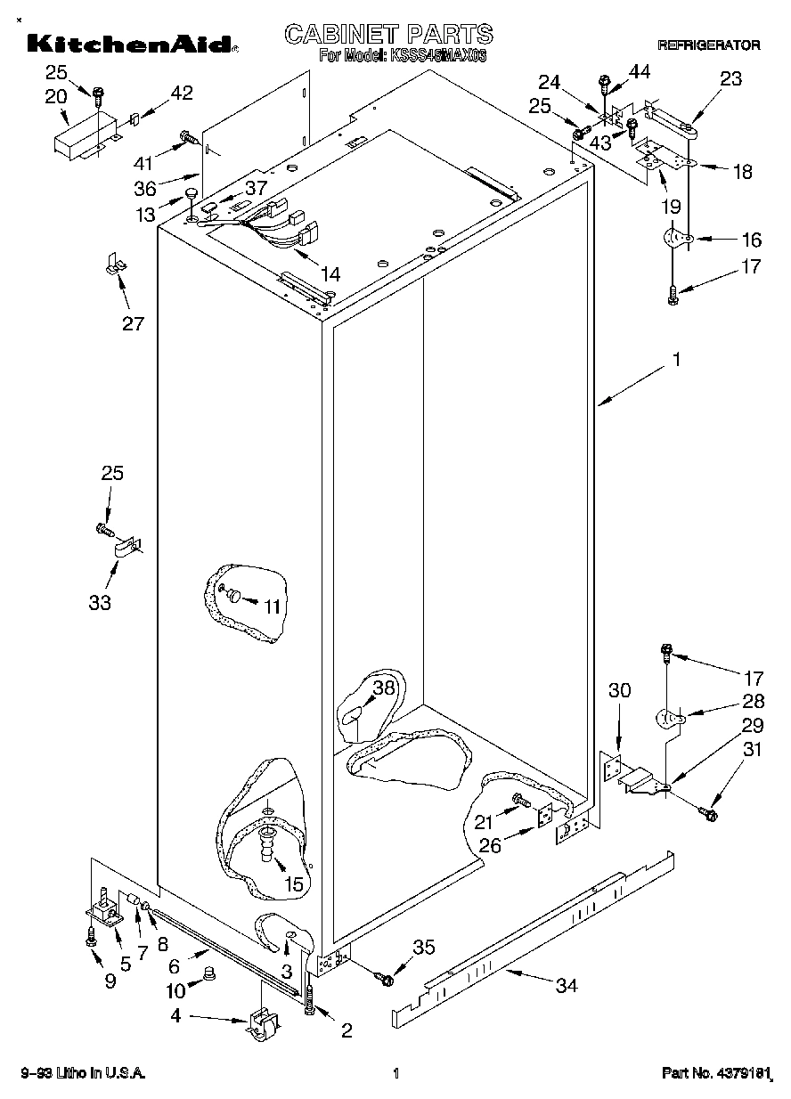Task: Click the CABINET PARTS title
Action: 388,34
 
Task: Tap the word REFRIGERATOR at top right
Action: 708,45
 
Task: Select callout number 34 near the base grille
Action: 567,985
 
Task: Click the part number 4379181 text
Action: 716,1074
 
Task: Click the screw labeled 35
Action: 386,979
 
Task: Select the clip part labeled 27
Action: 113,264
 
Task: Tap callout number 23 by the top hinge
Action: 730,78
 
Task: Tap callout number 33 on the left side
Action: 100,602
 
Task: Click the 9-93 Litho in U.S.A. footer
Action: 84,1074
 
